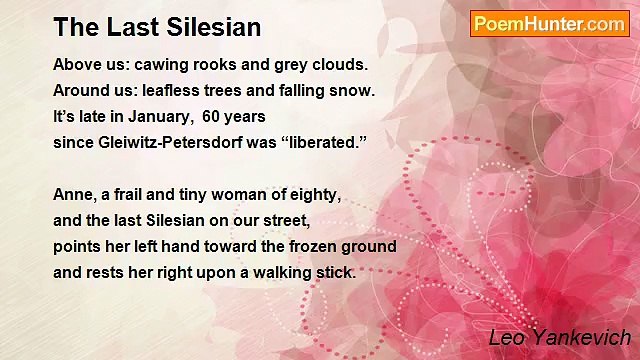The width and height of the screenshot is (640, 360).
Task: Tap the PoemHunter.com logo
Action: tap(549, 24)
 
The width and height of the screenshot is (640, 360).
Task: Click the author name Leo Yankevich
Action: tap(560, 338)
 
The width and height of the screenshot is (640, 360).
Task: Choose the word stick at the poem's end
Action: tap(334, 272)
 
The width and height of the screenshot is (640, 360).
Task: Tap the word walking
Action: tap(275, 272)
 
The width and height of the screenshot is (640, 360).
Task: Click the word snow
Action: tap(353, 90)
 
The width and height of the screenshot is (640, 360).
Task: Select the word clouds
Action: tap(340, 65)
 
